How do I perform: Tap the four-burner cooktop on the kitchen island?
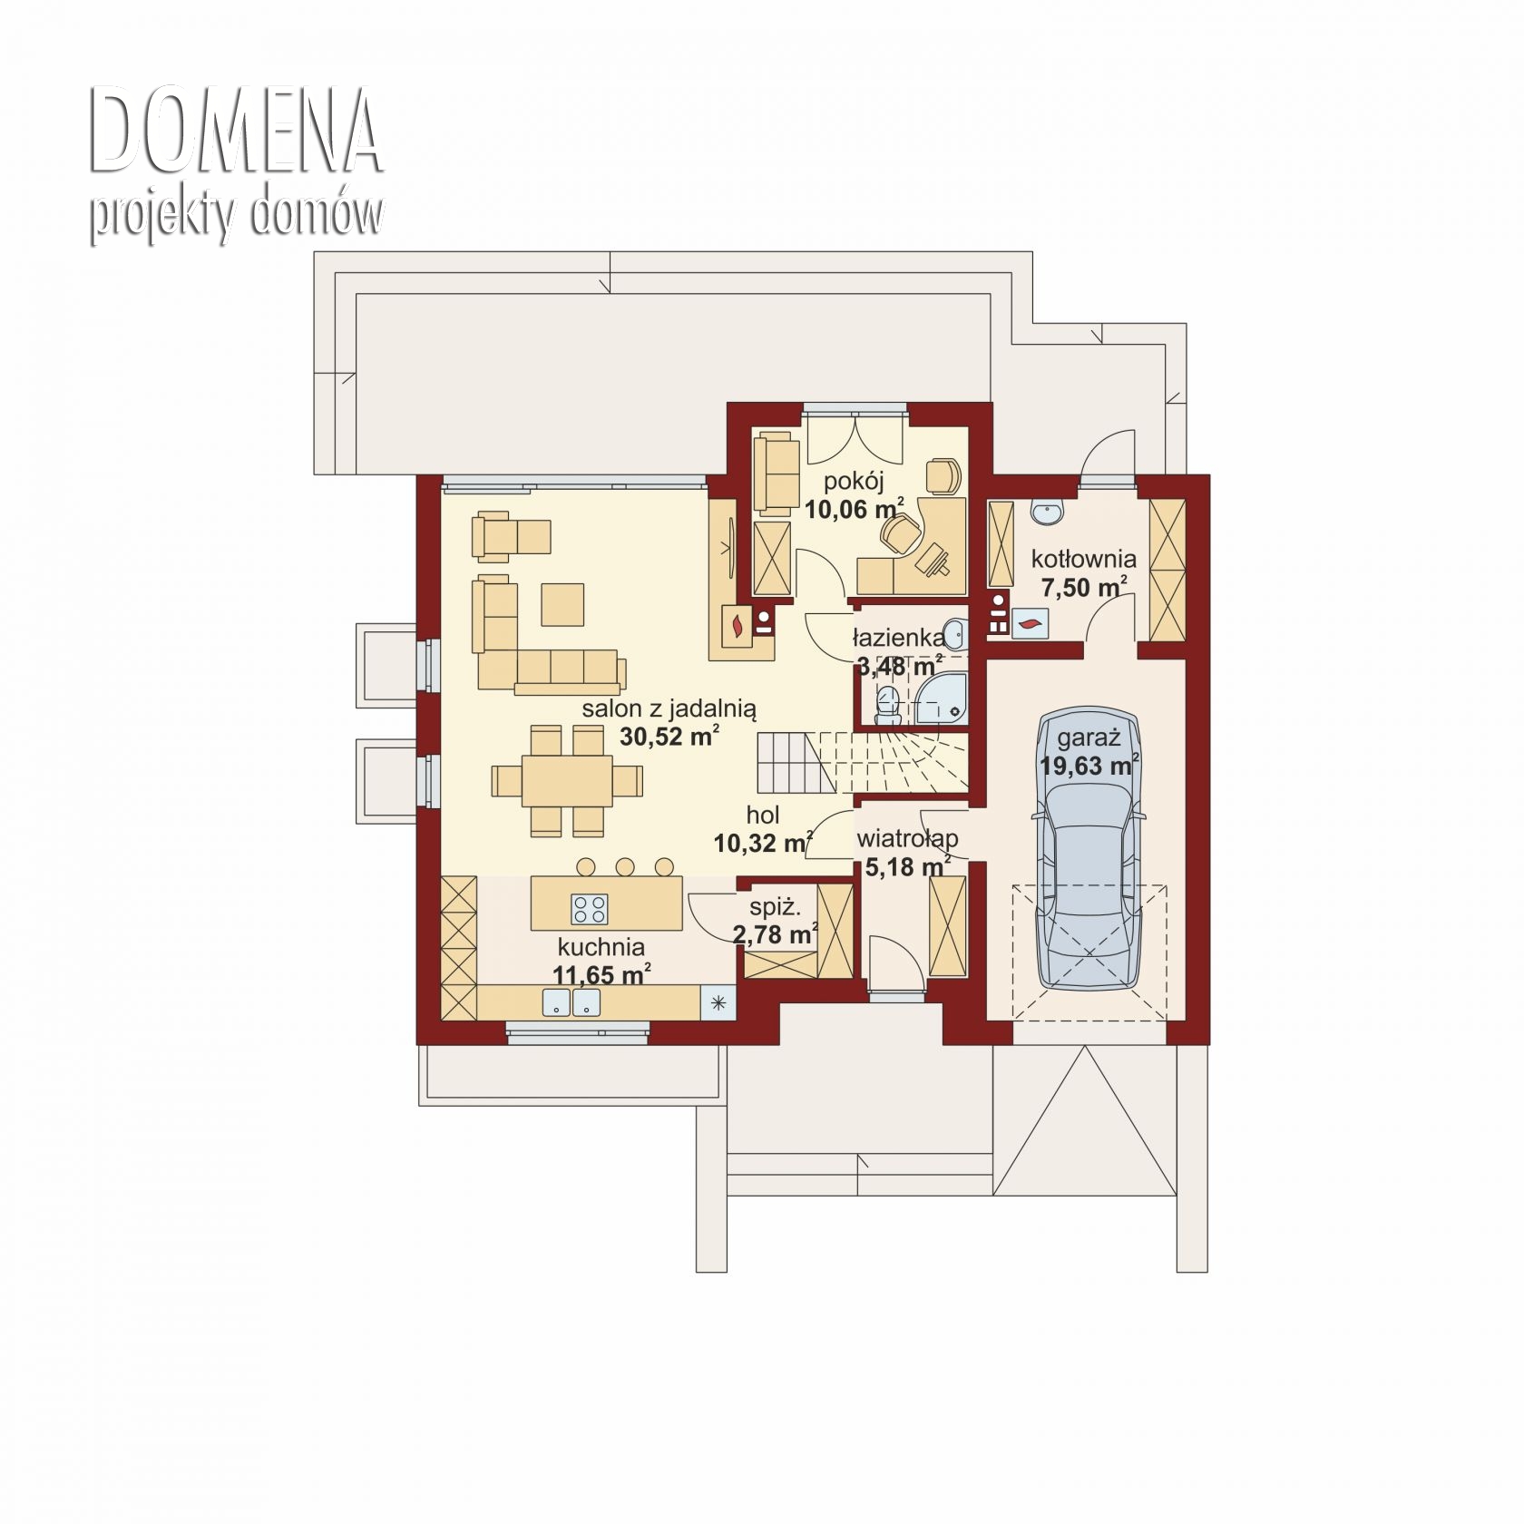[589, 908]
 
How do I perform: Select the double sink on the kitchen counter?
[571, 1001]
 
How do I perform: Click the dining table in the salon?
[567, 780]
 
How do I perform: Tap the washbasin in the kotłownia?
[1048, 512]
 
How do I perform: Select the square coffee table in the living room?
[562, 604]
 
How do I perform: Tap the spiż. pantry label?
[775, 906]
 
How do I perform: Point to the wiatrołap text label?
[908, 839]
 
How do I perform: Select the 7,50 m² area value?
[1084, 587]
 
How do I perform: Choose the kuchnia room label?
[601, 947]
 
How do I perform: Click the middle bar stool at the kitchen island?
[625, 866]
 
